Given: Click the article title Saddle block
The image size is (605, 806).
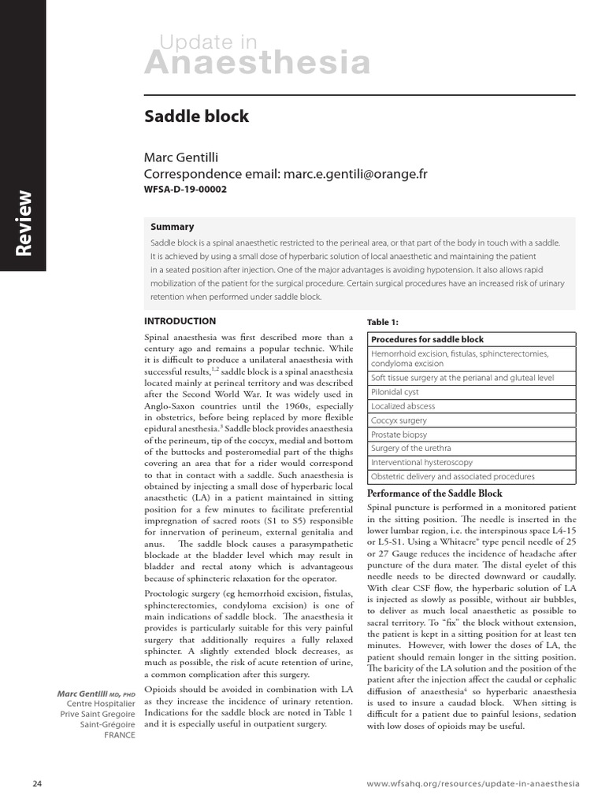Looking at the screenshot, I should click(196, 116).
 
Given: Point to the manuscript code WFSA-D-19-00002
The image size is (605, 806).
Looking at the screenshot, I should click(190, 190).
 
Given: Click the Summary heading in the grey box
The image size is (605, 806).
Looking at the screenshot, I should click(172, 227).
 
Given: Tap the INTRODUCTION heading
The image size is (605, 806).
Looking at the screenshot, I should click(180, 321).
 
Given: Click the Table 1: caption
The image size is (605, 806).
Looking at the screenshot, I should click(383, 323).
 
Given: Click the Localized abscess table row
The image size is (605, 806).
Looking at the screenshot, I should click(403, 406).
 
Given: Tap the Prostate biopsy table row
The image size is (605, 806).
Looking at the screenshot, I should click(399, 434).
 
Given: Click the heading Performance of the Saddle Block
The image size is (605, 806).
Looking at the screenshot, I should click(435, 494).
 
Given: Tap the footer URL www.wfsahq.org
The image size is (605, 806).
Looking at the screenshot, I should click(473, 785).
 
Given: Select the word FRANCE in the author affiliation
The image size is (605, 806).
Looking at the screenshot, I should click(119, 735).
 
